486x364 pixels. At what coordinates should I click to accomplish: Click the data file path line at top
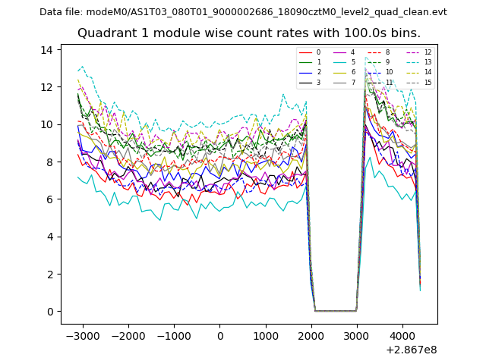coord(243,12)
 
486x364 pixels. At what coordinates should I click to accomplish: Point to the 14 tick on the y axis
coord(46,50)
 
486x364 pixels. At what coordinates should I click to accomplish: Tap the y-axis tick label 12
coord(46,87)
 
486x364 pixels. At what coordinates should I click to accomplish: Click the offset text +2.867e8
coord(412,350)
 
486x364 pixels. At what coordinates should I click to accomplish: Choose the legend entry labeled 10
coord(389,72)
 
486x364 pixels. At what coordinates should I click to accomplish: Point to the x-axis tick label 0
coord(220,336)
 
